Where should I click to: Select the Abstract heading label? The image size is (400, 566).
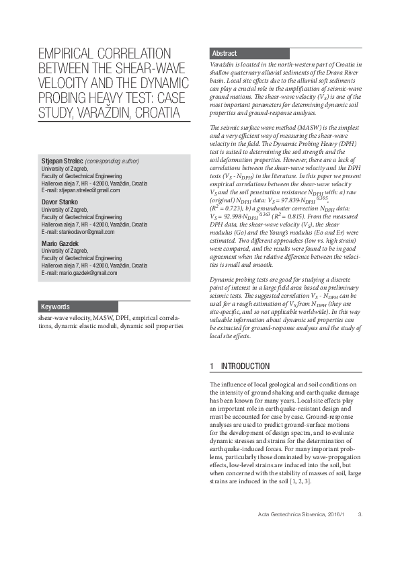click(x=225, y=53)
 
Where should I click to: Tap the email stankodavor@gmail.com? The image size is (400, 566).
click(x=85, y=232)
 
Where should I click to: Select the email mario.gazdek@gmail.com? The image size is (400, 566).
click(x=86, y=274)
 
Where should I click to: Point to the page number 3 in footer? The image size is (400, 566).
click(x=360, y=534)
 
